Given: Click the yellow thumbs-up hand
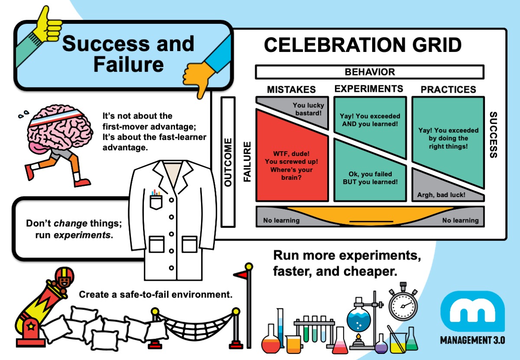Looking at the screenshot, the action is [49, 22].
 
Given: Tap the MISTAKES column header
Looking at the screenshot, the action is [291, 90].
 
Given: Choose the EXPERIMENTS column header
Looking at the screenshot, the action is [369, 89].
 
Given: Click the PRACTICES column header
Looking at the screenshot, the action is [448, 90].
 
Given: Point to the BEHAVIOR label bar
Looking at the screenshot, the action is [369, 72].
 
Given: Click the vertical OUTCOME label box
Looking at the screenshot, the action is [228, 162].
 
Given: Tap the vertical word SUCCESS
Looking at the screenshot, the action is [493, 135].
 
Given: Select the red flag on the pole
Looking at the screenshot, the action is [240, 274].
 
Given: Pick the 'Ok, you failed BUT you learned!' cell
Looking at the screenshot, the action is [370, 173].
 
